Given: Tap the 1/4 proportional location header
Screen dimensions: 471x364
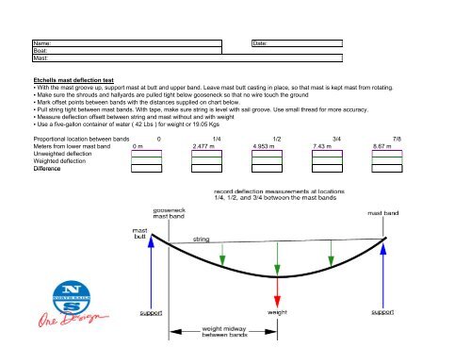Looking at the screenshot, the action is coord(219,138).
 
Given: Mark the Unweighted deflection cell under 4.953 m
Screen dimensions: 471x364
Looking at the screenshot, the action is coord(268,154).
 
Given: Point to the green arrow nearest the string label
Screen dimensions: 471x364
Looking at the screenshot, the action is coord(221,253).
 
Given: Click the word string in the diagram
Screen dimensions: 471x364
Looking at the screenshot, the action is coord(202,240).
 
